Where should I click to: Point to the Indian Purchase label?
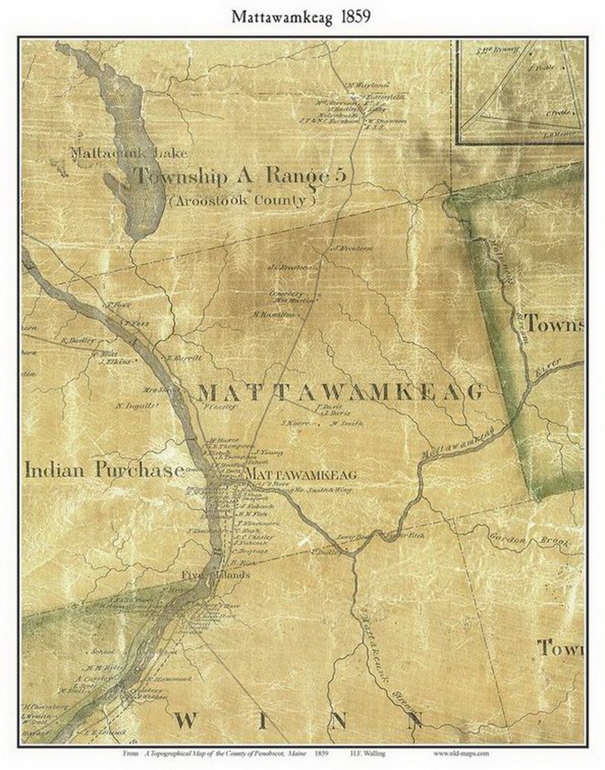click(x=104, y=469)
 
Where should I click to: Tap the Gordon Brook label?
click(x=529, y=542)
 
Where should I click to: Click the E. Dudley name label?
click(x=73, y=340)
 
